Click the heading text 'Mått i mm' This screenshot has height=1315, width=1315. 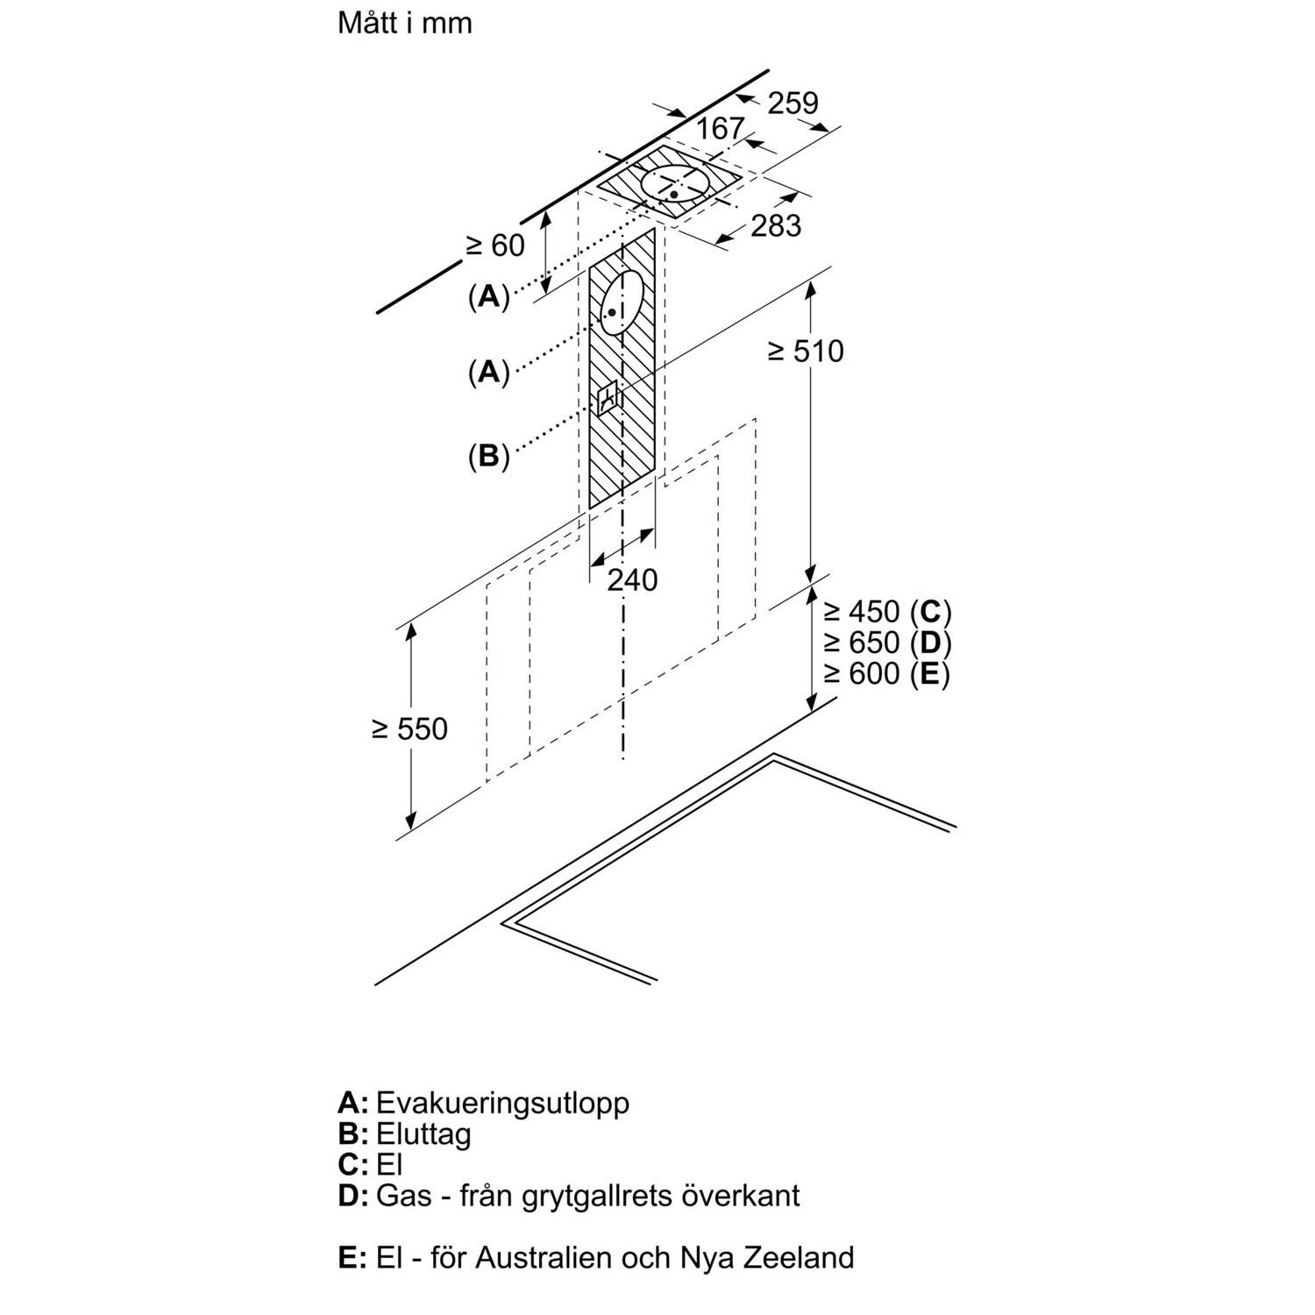(404, 24)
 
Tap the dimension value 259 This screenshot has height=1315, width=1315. (793, 103)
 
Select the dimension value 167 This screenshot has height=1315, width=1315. (720, 129)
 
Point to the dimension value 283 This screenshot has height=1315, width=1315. (776, 226)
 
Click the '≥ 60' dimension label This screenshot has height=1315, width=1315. (494, 245)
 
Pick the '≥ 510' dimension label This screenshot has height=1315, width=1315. (805, 352)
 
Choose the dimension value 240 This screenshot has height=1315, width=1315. (632, 579)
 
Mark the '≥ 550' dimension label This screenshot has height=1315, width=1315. (409, 729)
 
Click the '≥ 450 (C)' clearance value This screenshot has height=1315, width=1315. (886, 611)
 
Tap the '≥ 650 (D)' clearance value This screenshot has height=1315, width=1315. (886, 643)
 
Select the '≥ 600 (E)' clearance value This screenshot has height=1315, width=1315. (886, 673)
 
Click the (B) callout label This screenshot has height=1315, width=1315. (488, 456)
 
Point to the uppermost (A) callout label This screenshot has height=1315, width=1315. (488, 297)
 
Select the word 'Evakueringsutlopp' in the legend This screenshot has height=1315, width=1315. (502, 1102)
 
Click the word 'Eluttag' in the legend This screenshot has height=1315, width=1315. (423, 1134)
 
